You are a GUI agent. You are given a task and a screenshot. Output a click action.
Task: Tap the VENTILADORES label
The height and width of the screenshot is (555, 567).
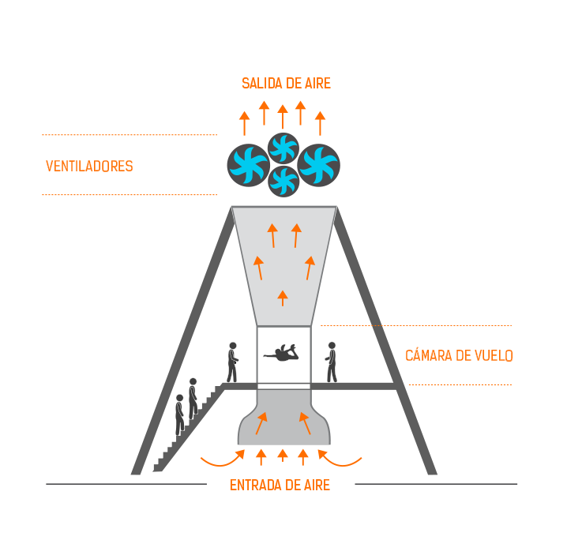tap(89, 167)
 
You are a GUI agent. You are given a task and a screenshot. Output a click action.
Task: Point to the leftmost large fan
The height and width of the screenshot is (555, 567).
tap(249, 165)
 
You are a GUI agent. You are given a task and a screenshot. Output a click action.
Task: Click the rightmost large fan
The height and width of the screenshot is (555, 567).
tap(318, 165)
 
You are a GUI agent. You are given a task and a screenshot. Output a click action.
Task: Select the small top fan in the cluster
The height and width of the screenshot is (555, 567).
tap(283, 148)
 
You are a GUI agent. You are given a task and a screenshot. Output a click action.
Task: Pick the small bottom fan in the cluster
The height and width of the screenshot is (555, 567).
tap(283, 181)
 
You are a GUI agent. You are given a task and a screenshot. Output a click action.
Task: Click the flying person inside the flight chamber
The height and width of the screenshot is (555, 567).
tap(282, 353)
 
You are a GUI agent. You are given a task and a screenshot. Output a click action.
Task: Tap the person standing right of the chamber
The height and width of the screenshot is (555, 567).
tap(332, 362)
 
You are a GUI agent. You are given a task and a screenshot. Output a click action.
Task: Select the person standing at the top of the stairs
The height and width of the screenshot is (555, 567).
tap(232, 362)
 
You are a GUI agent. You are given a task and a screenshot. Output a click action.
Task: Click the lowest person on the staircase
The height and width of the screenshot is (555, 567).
tap(180, 414)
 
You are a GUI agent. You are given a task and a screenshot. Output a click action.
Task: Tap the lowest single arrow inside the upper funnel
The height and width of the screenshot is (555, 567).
tap(283, 298)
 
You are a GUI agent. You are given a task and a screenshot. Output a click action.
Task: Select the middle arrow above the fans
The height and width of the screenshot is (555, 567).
tap(283, 116)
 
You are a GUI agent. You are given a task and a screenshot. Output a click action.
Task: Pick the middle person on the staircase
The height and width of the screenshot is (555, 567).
tap(193, 398)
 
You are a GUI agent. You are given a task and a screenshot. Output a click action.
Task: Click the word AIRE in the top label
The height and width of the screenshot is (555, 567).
tap(318, 84)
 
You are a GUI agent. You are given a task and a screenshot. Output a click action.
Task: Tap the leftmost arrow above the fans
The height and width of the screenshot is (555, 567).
tap(245, 123)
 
